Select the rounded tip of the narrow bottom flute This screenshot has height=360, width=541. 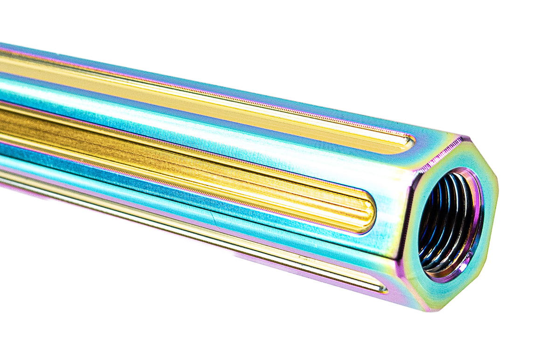point(383,289)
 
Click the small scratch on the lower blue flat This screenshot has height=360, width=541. point(212,215)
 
